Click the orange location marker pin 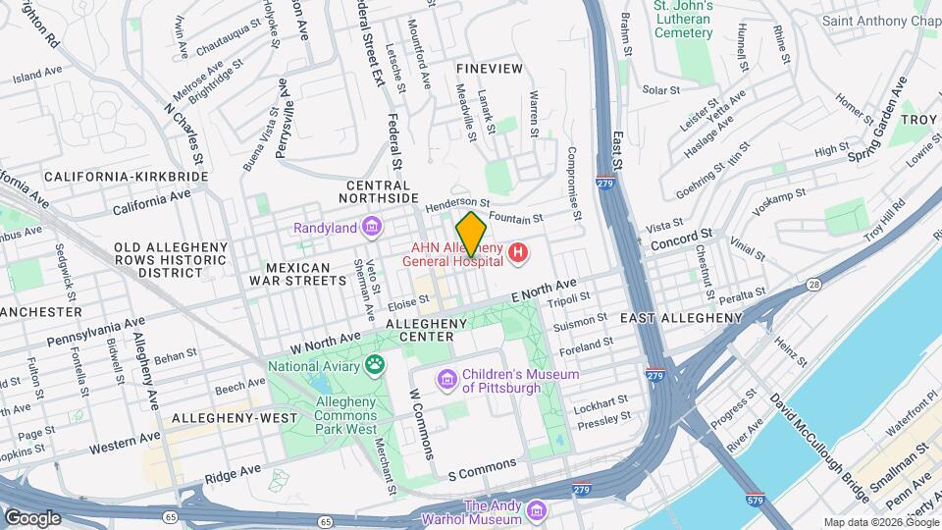pyautogui.click(x=471, y=234)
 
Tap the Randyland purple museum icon pyautogui.click(x=371, y=228)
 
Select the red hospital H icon pyautogui.click(x=518, y=255)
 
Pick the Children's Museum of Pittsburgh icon pyautogui.click(x=446, y=379)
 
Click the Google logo pyautogui.click(x=32, y=517)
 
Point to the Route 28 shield pyautogui.click(x=814, y=285)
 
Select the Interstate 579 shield pyautogui.click(x=755, y=499)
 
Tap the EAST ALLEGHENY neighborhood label pyautogui.click(x=681, y=318)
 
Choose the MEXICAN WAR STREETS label pyautogui.click(x=303, y=274)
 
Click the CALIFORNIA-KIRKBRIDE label pyautogui.click(x=126, y=177)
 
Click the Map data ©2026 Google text pyautogui.click(x=879, y=522)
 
